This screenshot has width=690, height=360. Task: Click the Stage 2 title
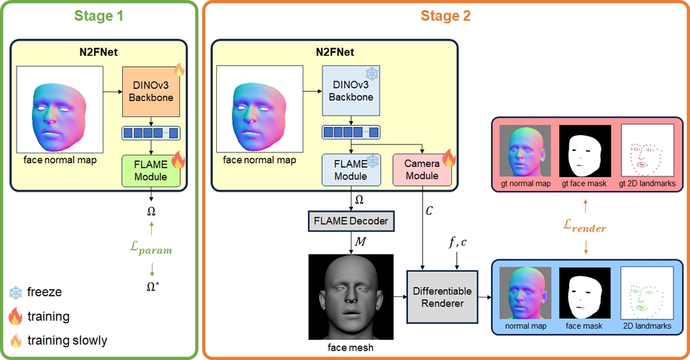pyautogui.click(x=446, y=15)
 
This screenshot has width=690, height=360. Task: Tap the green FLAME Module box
pyautogui.click(x=152, y=171)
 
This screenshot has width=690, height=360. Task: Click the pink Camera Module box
pyautogui.click(x=421, y=171)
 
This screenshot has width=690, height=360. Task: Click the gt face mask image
pyautogui.click(x=586, y=150)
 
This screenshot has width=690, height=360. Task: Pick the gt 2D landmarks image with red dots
pyautogui.click(x=648, y=150)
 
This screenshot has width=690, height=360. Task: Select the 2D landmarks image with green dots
pyautogui.click(x=648, y=293)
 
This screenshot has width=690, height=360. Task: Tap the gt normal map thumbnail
pyautogui.click(x=524, y=150)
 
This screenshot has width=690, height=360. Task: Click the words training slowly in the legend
pyautogui.click(x=68, y=340)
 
